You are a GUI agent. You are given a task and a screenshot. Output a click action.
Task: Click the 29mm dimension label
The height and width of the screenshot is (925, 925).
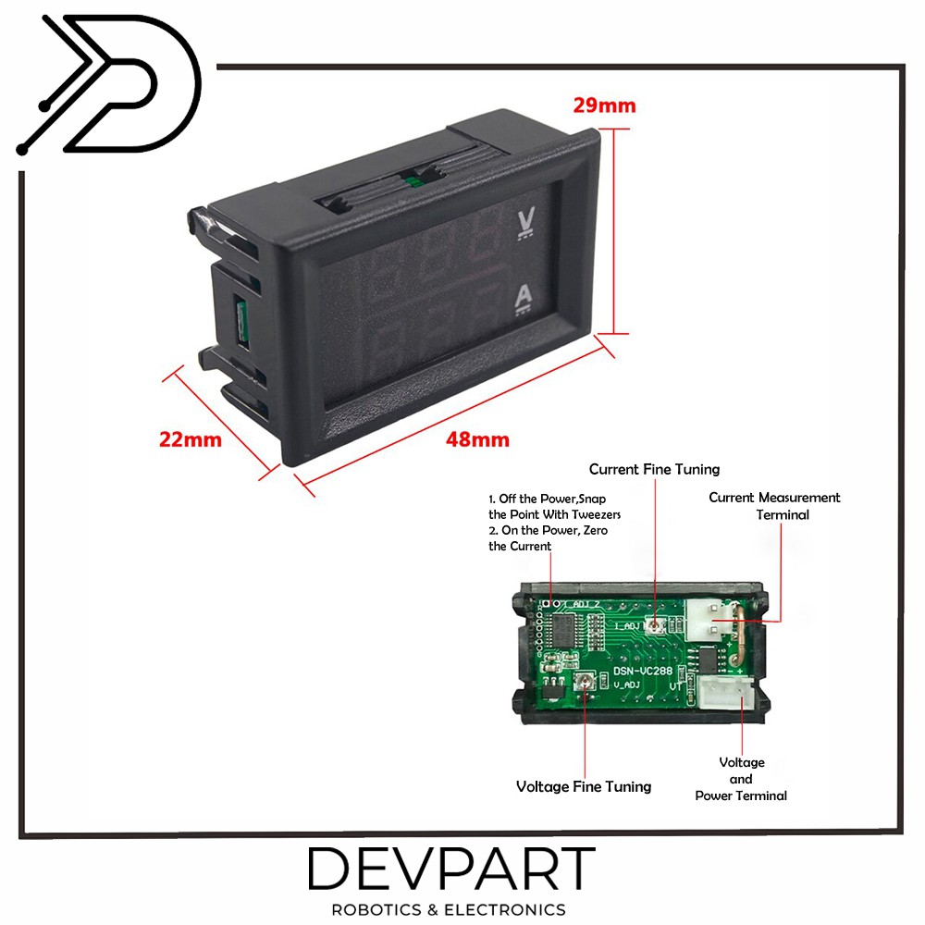[x=604, y=105]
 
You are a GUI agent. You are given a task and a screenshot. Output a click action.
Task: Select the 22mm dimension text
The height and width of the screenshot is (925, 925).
[x=191, y=439]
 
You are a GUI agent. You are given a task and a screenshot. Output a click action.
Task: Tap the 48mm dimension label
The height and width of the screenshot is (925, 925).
[x=477, y=439]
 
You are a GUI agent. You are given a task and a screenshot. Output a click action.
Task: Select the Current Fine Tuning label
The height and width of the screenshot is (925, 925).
[x=654, y=469]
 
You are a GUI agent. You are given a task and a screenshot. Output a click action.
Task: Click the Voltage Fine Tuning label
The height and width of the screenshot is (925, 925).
[x=583, y=786]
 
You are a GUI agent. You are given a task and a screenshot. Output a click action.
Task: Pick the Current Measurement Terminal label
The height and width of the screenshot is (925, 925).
[x=774, y=506]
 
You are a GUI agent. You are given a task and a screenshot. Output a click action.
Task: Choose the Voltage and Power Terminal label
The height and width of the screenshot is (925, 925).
[x=741, y=778]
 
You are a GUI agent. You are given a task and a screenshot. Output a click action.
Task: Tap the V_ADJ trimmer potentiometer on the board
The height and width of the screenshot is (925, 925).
[x=584, y=684]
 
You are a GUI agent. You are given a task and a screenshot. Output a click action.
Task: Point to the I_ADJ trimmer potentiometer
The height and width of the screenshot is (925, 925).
[x=655, y=626]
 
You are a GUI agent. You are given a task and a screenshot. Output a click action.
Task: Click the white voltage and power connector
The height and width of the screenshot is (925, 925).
[x=722, y=693]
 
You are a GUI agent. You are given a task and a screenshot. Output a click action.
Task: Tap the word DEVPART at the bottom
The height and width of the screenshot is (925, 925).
[x=451, y=870]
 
